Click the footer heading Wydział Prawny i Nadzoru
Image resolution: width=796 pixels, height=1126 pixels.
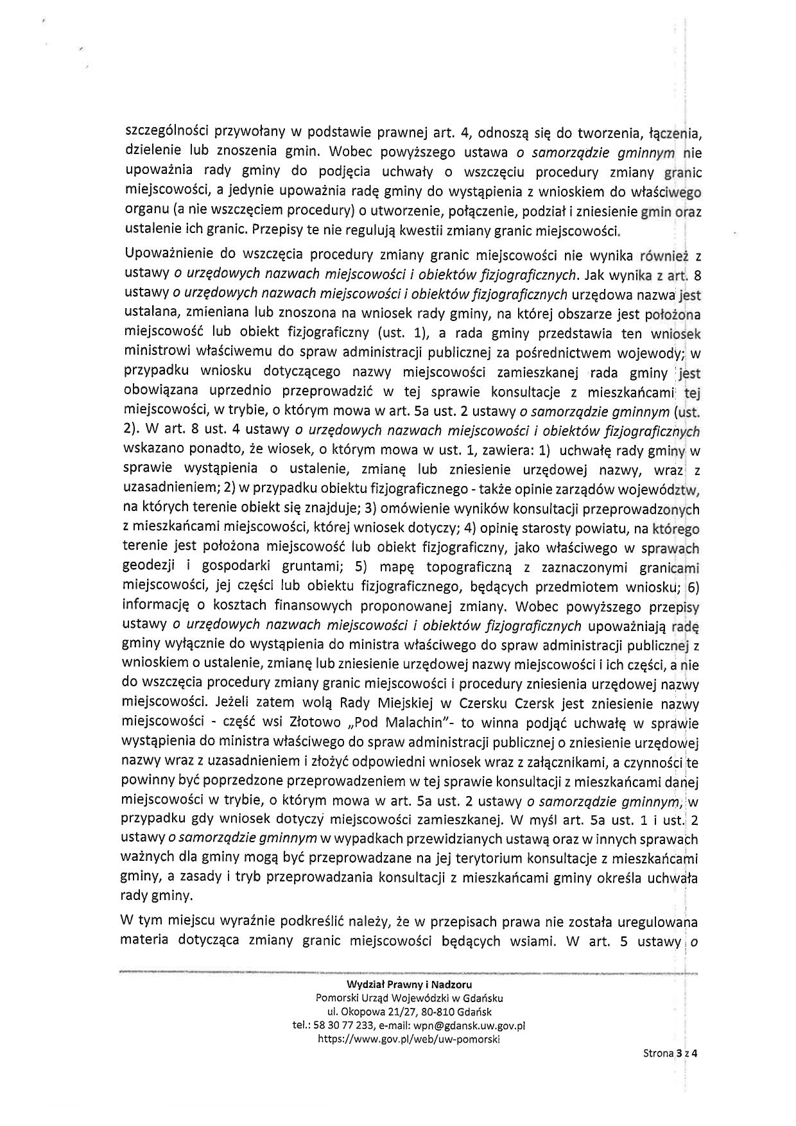pos(409,984)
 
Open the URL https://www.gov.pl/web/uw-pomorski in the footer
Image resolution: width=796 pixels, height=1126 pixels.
pos(409,1039)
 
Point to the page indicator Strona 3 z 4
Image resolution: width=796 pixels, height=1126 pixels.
pos(670,1071)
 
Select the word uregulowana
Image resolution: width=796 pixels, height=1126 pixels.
pos(657,922)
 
